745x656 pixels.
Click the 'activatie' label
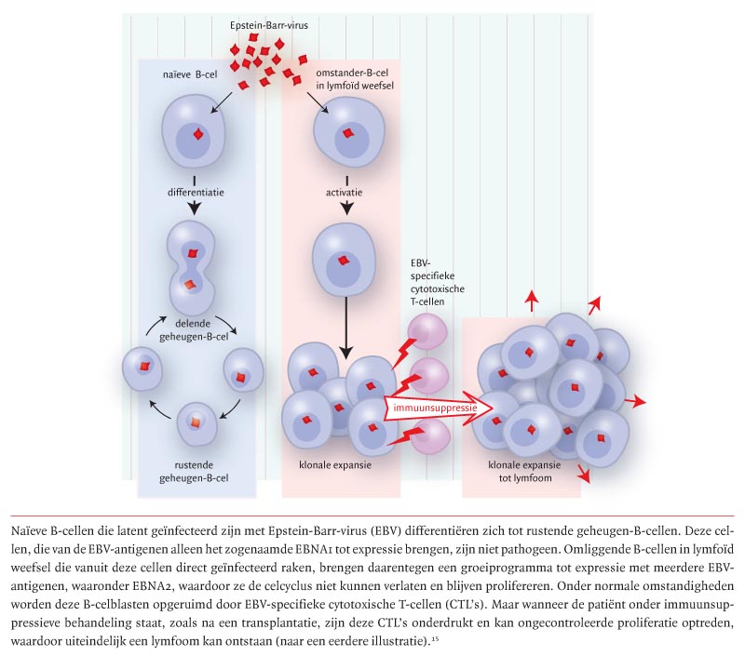[345, 194]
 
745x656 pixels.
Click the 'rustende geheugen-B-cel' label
[196, 472]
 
